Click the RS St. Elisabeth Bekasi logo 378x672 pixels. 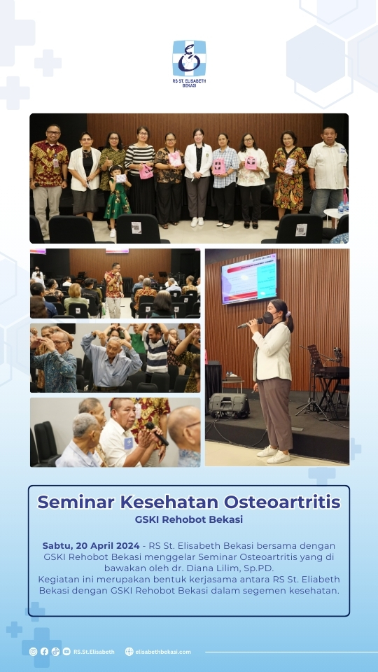point(189,64)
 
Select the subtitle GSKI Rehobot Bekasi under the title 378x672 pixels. point(189,519)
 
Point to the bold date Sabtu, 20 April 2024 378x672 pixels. point(91,546)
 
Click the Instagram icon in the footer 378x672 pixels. point(33,652)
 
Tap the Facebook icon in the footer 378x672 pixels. point(44,652)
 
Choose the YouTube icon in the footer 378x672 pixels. point(66,652)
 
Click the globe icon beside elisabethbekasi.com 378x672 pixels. point(129,652)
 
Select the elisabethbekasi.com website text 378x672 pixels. point(163,652)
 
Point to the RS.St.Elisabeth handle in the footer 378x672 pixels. point(94,652)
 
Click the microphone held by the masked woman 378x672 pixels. point(249,323)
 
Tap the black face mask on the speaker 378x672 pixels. point(268,318)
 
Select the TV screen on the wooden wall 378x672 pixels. point(249,279)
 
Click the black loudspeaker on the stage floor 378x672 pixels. point(229,405)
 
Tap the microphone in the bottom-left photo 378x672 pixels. point(157,434)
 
